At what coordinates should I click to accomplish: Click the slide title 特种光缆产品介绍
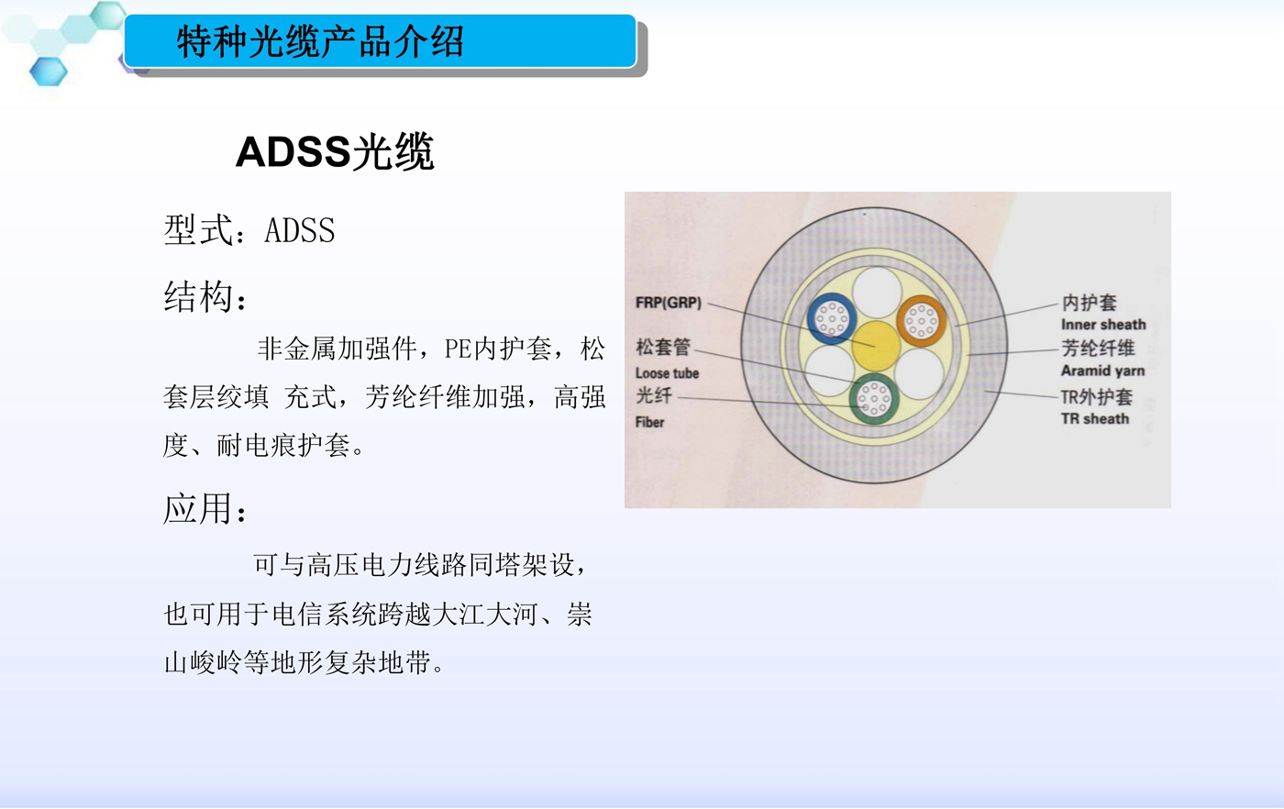(x=320, y=41)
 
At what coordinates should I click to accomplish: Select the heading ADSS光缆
(x=335, y=152)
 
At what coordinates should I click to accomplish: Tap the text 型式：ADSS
(x=249, y=230)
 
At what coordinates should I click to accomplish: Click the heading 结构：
(x=205, y=297)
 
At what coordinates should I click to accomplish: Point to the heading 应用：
(x=205, y=508)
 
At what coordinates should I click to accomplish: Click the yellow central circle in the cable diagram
(x=875, y=345)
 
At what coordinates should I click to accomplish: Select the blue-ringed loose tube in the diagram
(x=832, y=318)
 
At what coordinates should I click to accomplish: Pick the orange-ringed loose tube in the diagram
(x=921, y=320)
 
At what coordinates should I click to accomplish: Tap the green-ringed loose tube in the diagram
(x=873, y=398)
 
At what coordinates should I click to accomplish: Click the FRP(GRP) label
(x=669, y=302)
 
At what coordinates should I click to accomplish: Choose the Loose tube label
(x=668, y=373)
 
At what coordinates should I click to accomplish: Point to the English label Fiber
(x=650, y=422)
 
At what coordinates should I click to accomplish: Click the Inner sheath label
(x=1103, y=325)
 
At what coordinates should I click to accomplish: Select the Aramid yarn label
(x=1102, y=371)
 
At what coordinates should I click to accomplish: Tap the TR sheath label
(x=1095, y=418)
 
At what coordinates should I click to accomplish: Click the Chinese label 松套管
(x=663, y=347)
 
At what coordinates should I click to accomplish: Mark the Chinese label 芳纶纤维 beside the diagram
(x=1098, y=348)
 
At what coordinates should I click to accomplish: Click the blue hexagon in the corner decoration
(x=48, y=72)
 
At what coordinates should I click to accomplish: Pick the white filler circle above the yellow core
(x=877, y=293)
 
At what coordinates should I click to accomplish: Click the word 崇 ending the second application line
(x=579, y=614)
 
